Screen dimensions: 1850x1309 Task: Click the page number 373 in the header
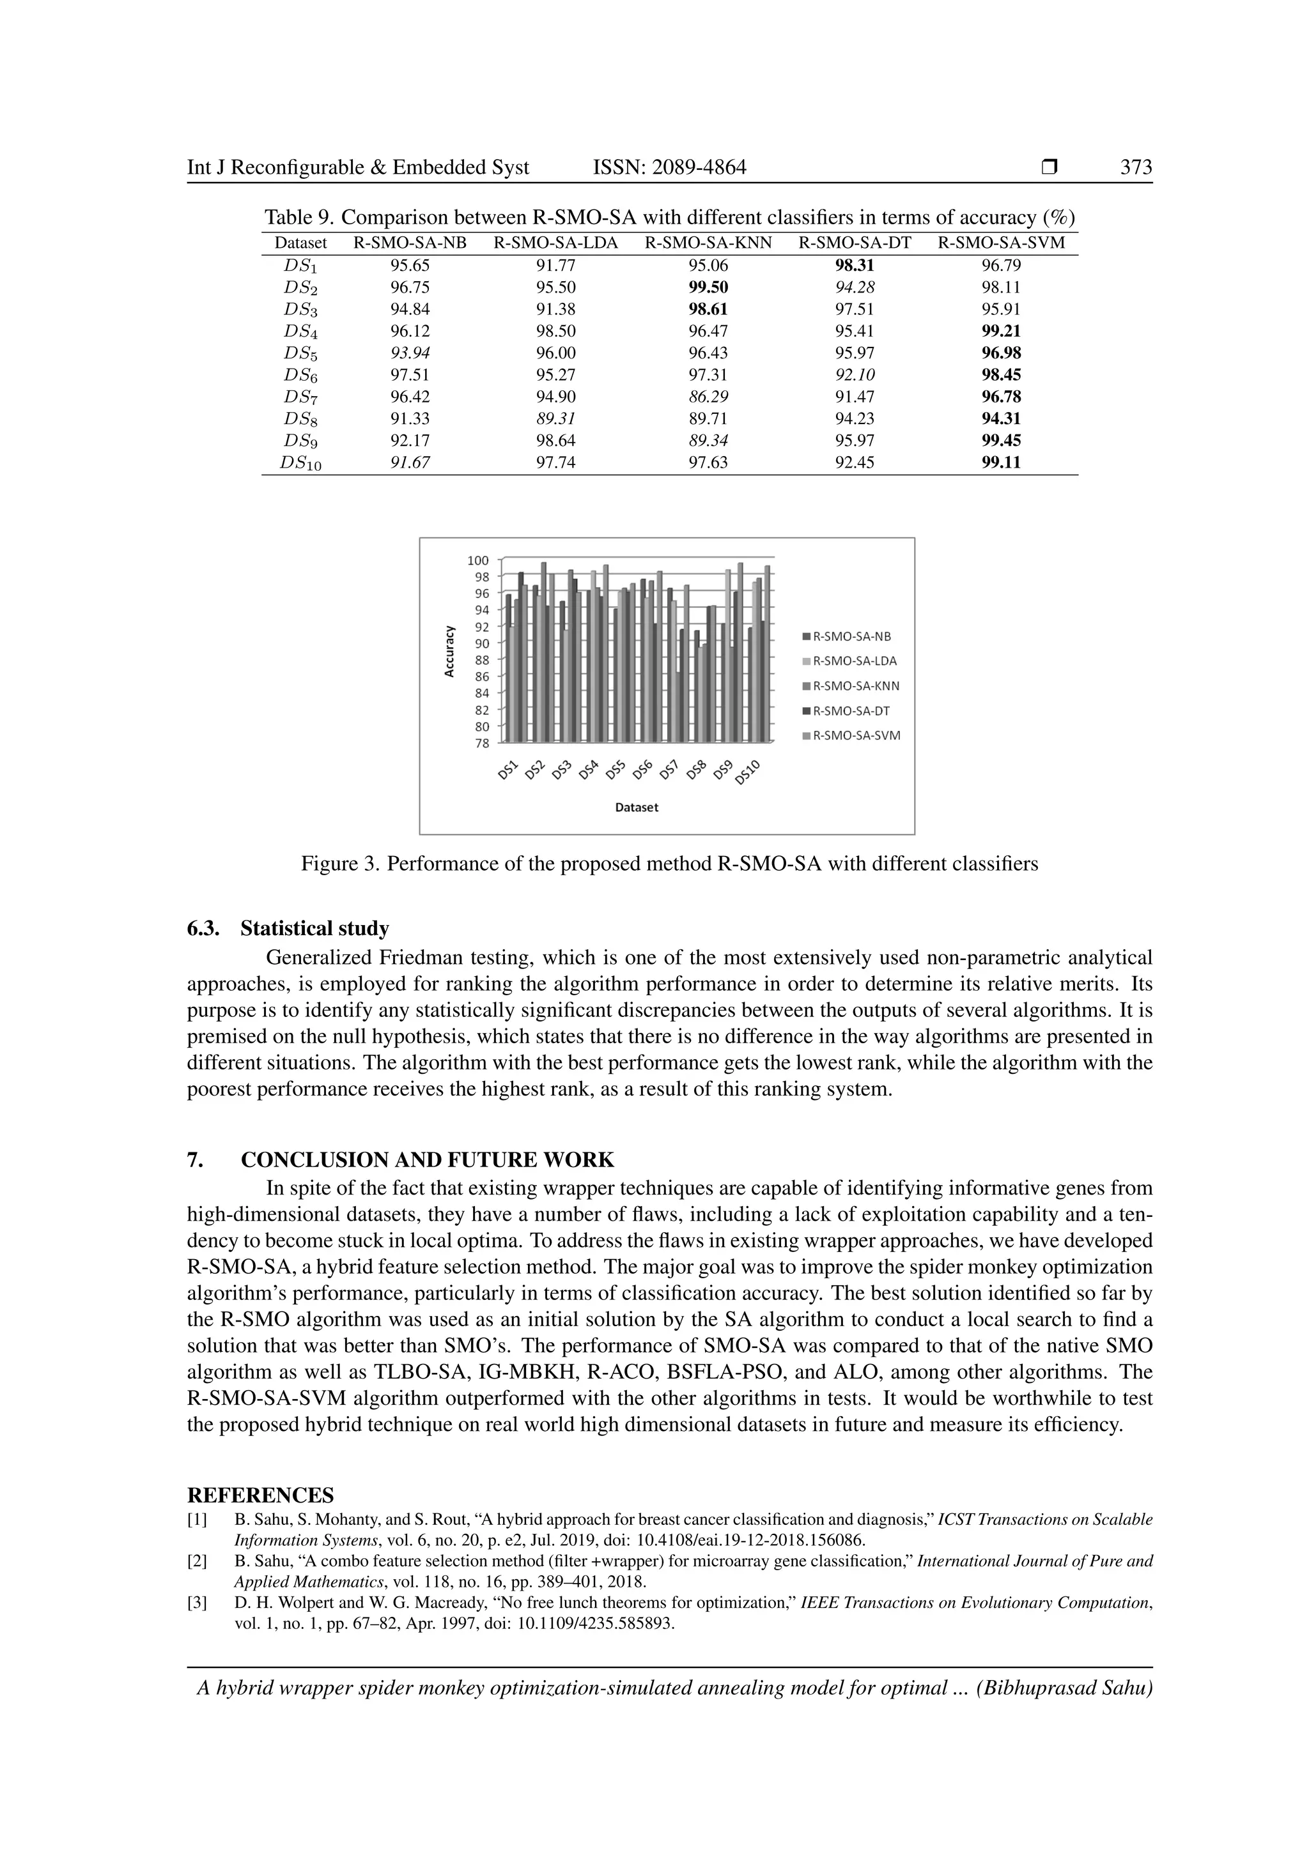(x=1136, y=167)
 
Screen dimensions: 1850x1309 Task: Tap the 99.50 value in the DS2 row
(x=708, y=287)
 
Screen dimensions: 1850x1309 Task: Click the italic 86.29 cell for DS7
(x=708, y=397)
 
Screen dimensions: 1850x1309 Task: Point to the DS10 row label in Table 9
(x=300, y=463)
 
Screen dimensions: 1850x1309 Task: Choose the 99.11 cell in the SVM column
(x=1001, y=462)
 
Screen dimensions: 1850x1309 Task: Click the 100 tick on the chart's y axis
(x=478, y=560)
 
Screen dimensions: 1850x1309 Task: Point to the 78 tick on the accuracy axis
(x=481, y=743)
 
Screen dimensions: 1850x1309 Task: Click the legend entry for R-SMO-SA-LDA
(x=855, y=661)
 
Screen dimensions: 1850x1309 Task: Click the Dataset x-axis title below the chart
(x=636, y=807)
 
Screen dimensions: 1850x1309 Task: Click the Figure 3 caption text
(x=669, y=864)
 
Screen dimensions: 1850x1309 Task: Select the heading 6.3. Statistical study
(x=288, y=928)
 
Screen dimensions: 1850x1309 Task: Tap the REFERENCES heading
(x=260, y=1495)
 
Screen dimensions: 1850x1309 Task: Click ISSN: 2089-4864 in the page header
(x=669, y=167)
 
